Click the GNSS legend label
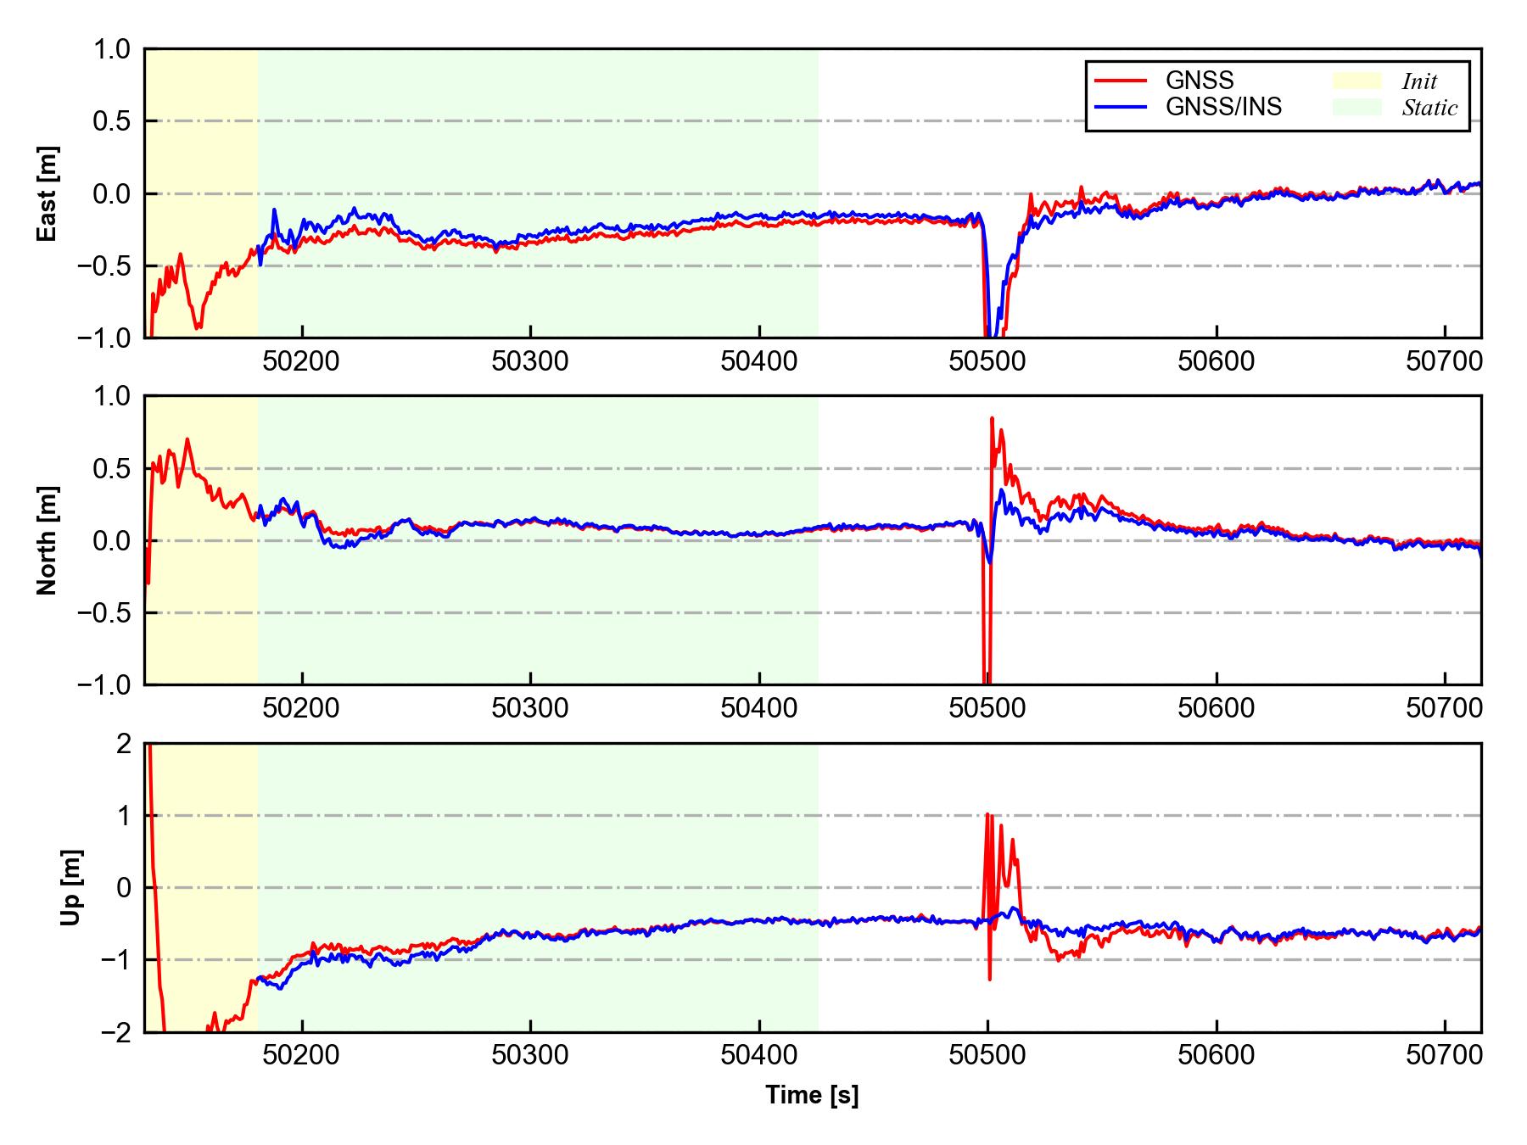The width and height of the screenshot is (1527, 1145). click(x=1200, y=81)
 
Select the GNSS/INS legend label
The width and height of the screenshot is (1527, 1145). click(x=1223, y=107)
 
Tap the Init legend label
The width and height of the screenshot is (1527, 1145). click(x=1419, y=81)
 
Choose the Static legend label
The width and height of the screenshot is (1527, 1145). click(x=1429, y=108)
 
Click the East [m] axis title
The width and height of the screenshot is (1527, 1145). click(x=48, y=193)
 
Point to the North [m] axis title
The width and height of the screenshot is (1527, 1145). click(x=48, y=540)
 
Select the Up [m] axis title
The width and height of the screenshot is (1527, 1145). click(x=71, y=887)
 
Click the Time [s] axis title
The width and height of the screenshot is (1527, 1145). click(x=812, y=1095)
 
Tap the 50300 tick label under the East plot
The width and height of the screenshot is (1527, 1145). click(x=530, y=361)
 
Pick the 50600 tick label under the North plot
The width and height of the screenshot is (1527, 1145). click(x=1216, y=708)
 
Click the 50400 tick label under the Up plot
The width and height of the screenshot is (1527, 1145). click(x=758, y=1056)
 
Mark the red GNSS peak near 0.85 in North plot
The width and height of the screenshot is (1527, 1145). click(x=992, y=418)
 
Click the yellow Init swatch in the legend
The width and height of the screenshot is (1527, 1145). click(x=1356, y=81)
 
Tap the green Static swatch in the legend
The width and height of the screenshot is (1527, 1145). click(x=1356, y=107)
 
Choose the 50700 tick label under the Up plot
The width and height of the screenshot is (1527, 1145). click(x=1444, y=1056)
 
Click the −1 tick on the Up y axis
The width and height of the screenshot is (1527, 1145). click(x=118, y=960)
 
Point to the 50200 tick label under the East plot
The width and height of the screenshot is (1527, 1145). click(x=301, y=361)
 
